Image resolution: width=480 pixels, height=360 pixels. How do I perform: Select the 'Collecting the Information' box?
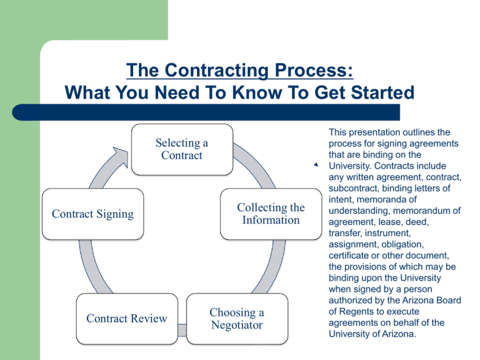point(271,214)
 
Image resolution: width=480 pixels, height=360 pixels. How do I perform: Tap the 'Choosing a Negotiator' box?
point(236,318)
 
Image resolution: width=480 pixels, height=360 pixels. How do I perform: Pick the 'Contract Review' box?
point(127,318)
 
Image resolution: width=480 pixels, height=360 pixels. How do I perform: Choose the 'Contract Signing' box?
point(92,214)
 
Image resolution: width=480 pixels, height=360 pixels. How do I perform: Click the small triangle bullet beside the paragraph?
point(316,165)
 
